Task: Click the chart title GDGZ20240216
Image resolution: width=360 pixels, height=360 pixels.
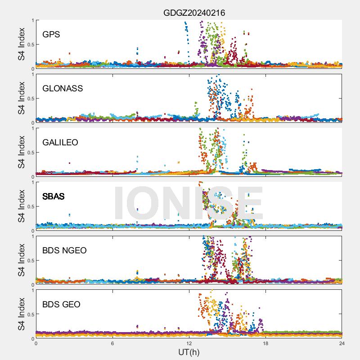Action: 194,13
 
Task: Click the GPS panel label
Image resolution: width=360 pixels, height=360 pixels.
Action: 51,34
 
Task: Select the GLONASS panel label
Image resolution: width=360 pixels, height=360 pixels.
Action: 63,88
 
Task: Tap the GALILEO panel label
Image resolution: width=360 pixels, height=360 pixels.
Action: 60,142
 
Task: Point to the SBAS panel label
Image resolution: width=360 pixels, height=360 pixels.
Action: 54,196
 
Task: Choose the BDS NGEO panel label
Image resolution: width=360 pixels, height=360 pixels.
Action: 64,250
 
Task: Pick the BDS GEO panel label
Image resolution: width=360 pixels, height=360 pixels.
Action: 61,304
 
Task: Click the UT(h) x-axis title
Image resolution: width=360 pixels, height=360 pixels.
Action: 189,351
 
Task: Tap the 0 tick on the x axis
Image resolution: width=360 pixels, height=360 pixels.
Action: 36,343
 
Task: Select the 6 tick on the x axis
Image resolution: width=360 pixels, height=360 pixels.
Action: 112,343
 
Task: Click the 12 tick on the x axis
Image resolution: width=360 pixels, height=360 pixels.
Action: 189,343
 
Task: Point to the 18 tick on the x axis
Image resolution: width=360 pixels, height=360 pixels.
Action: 265,343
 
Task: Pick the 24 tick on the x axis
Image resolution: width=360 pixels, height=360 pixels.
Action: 342,343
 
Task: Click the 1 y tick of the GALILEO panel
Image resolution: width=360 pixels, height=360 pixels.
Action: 32,128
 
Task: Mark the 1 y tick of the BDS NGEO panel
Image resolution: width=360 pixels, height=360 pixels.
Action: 32,236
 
